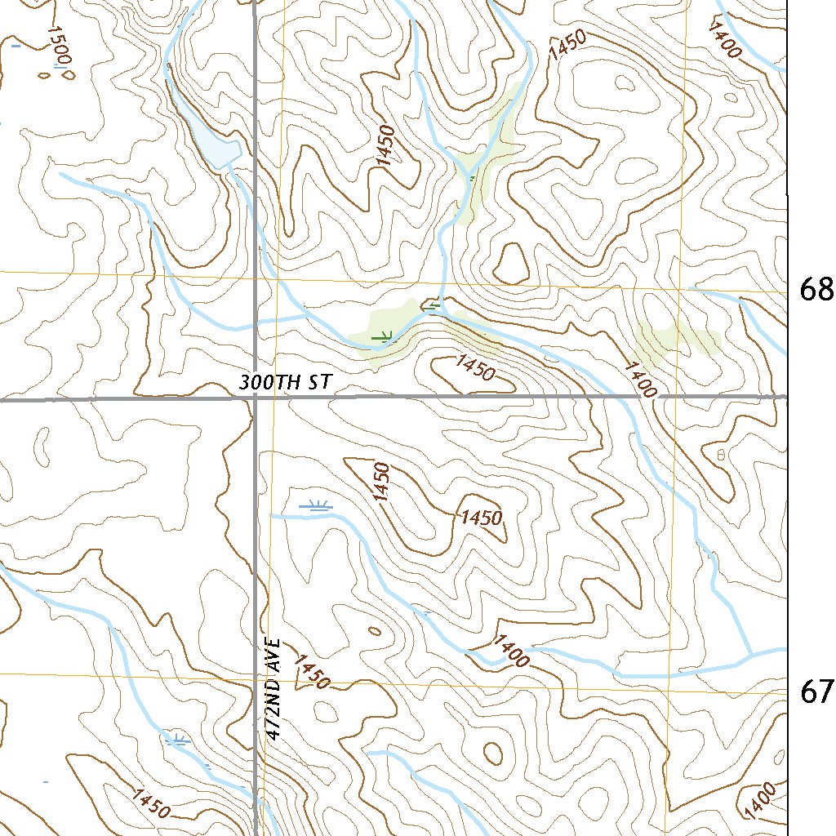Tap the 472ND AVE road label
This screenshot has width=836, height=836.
[x=273, y=690]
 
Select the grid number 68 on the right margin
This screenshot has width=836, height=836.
[x=816, y=289]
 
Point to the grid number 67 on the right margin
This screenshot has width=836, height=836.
[x=816, y=691]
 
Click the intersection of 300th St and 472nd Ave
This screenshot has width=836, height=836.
[x=254, y=399]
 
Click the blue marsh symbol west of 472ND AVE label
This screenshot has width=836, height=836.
[x=178, y=740]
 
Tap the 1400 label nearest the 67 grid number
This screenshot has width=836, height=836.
[x=512, y=651]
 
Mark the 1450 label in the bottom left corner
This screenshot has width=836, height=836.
[x=149, y=804]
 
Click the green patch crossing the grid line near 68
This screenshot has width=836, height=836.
[x=678, y=336]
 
